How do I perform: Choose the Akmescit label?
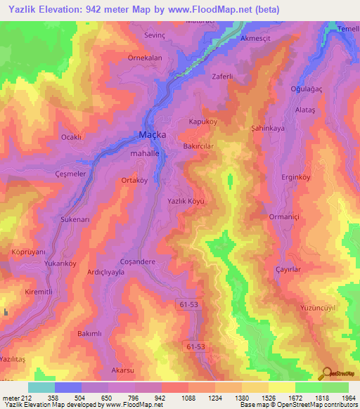(x=256, y=39)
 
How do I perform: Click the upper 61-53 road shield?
(x=187, y=302)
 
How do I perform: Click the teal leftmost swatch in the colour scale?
(x=41, y=387)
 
